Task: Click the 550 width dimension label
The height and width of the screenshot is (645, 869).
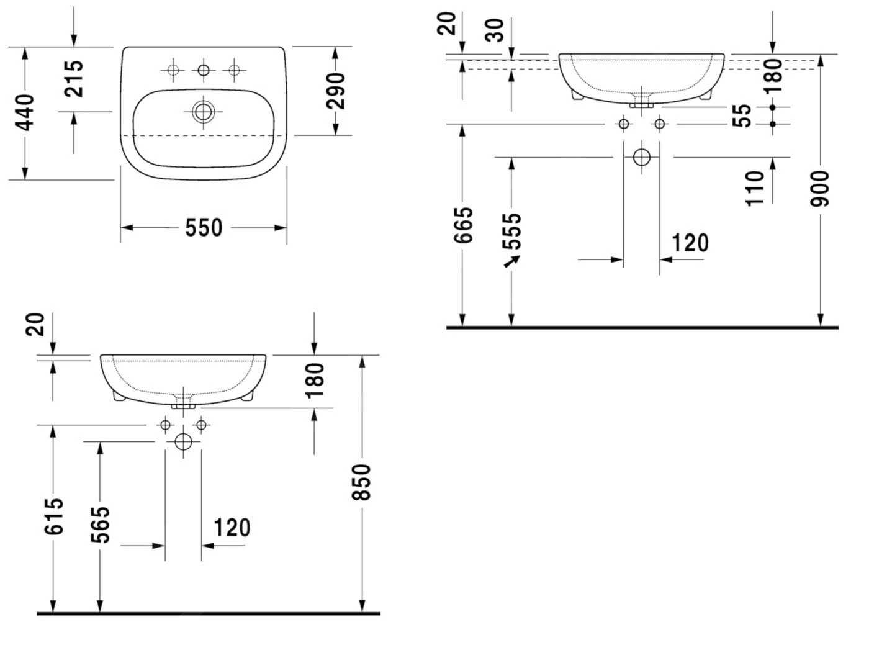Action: tap(204, 228)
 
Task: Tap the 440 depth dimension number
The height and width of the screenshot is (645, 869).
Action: tap(24, 112)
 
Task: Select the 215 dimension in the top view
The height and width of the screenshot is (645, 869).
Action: tap(74, 78)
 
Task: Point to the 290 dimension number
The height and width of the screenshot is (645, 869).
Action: tap(335, 91)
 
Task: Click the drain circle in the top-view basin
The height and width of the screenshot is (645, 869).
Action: tap(203, 112)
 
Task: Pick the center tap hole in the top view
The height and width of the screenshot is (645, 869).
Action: tap(204, 70)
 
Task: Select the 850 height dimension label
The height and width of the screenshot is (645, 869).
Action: tap(361, 482)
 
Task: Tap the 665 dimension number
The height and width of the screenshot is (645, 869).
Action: tap(463, 225)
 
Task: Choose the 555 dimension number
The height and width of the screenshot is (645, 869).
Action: tap(511, 231)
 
